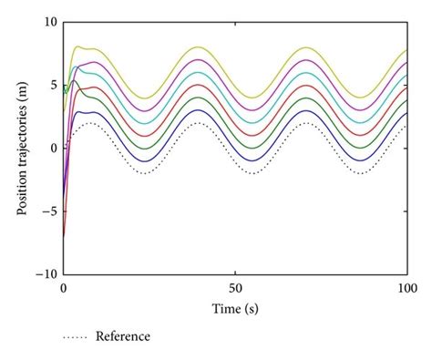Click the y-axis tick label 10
pyautogui.click(x=51, y=22)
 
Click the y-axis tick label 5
pyautogui.click(x=55, y=85)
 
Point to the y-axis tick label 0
pyautogui.click(x=55, y=148)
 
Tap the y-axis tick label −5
pyautogui.click(x=51, y=211)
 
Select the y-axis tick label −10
pyautogui.click(x=47, y=273)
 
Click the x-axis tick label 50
pyautogui.click(x=235, y=287)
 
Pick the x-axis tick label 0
pyautogui.click(x=64, y=287)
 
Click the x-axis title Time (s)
pyautogui.click(x=235, y=309)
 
